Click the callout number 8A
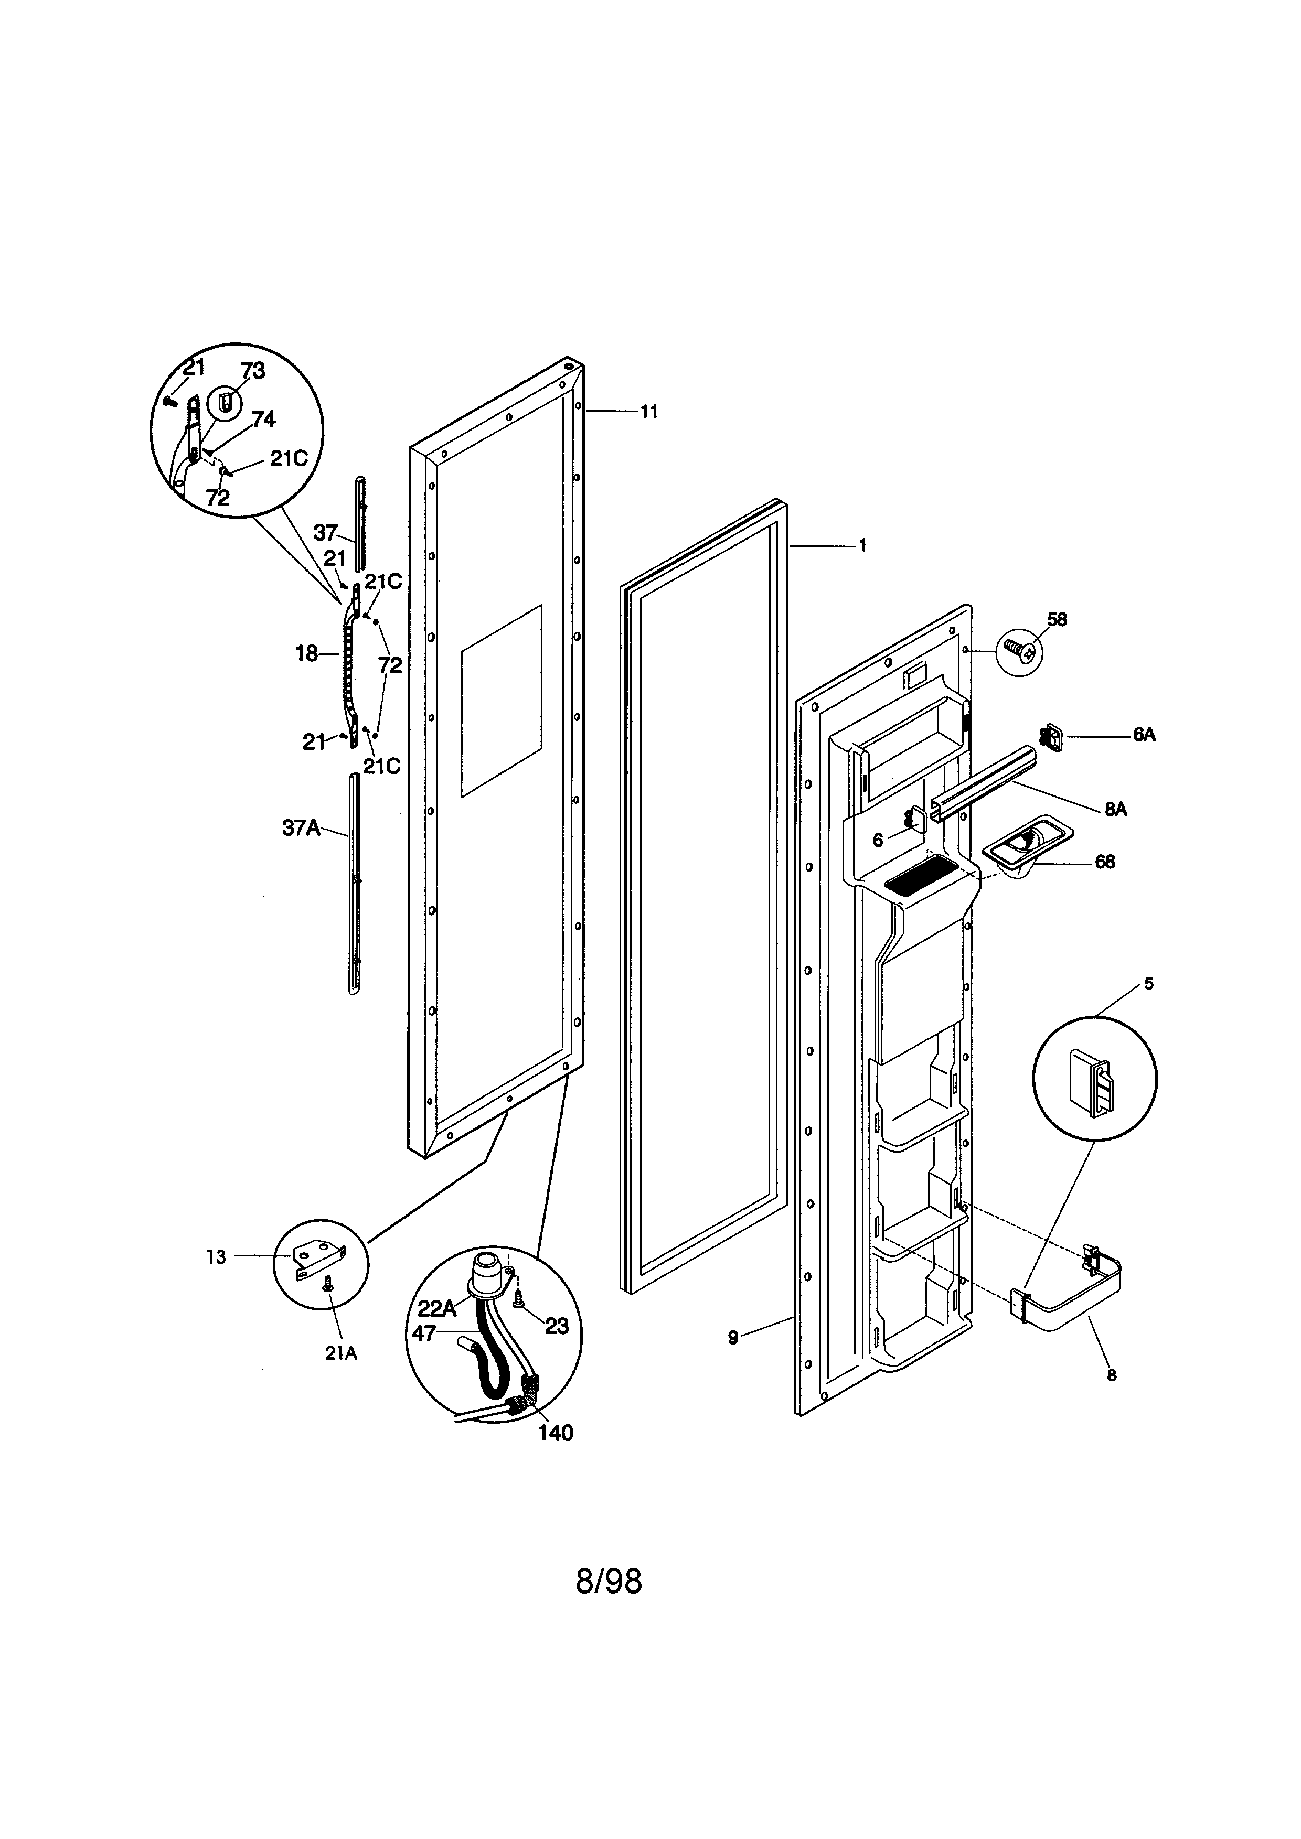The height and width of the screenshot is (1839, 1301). (1115, 809)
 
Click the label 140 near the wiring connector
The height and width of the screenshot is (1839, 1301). (555, 1433)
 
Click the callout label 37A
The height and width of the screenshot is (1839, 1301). (301, 827)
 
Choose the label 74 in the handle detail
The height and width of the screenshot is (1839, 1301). (263, 419)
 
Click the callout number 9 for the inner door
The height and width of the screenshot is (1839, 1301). (732, 1337)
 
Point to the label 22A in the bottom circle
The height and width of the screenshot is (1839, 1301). (436, 1307)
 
